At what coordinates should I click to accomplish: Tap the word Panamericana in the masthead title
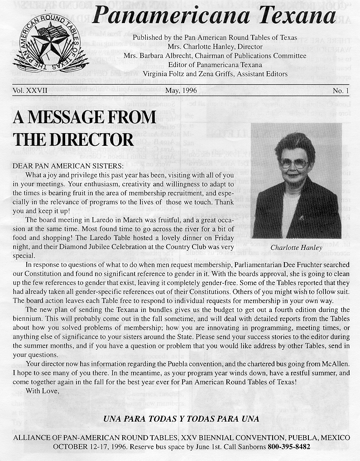(171, 17)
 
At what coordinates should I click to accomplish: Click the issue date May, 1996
(181, 91)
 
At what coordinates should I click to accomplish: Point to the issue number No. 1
(341, 91)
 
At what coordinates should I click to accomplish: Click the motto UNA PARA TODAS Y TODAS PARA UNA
(181, 419)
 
